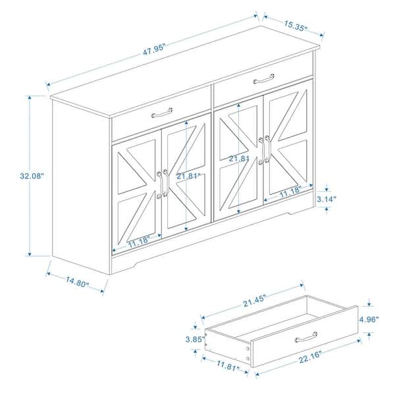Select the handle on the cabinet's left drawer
161,113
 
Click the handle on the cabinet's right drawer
263,78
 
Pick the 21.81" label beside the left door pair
190,176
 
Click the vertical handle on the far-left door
159,184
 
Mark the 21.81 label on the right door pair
238,159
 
